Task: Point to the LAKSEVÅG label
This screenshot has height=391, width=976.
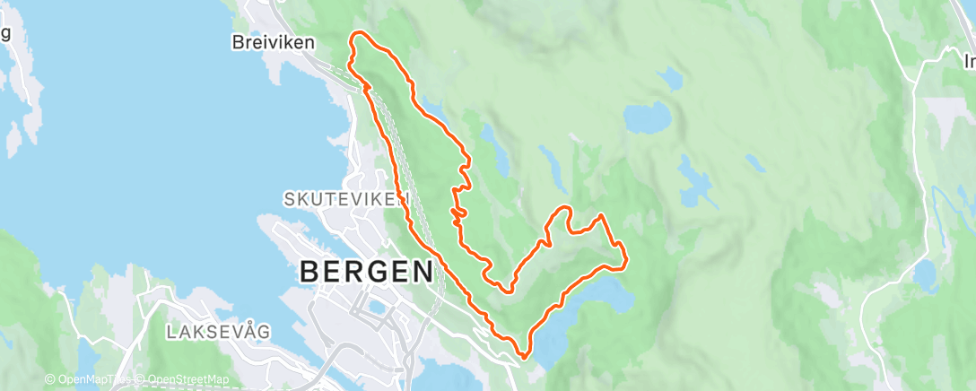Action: [x=218, y=332]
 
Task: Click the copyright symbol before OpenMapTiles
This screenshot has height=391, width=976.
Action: [x=49, y=380]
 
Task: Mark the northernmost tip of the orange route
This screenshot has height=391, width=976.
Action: [x=361, y=33]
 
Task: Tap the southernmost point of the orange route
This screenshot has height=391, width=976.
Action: [x=521, y=358]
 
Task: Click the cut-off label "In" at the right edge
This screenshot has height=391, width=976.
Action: [x=969, y=62]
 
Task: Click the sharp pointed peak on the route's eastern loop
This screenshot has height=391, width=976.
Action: [x=599, y=216]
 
